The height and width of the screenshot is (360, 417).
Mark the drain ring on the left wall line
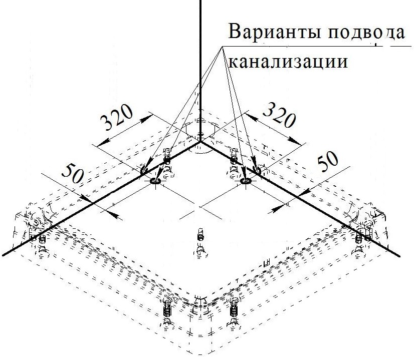tap(155, 181)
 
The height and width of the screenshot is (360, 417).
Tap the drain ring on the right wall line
tap(246, 181)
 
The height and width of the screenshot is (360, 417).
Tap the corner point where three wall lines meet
tap(200, 142)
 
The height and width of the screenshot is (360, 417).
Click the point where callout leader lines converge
tap(221, 46)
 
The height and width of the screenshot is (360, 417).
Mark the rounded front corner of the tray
tap(200, 300)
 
